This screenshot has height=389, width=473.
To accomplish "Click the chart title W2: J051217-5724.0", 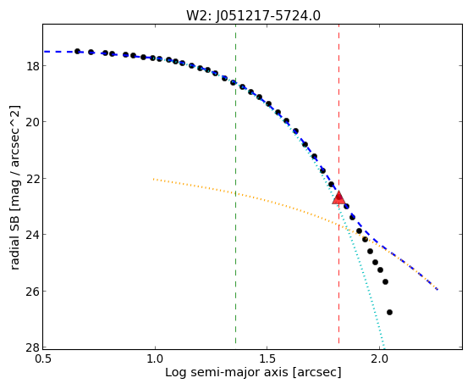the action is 253,15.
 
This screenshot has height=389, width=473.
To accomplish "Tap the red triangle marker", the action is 338,197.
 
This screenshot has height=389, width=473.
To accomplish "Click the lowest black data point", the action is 389,312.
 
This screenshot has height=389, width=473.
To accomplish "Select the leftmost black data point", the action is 77,51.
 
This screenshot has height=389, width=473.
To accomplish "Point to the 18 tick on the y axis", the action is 32,65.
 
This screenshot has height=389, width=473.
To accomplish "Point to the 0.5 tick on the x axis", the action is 43,358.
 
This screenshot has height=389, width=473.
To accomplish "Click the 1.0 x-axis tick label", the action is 155,358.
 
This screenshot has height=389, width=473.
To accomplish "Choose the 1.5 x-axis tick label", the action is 267,358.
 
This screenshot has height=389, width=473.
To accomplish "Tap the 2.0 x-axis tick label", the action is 379,358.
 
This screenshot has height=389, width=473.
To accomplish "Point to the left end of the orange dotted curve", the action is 153,179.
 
